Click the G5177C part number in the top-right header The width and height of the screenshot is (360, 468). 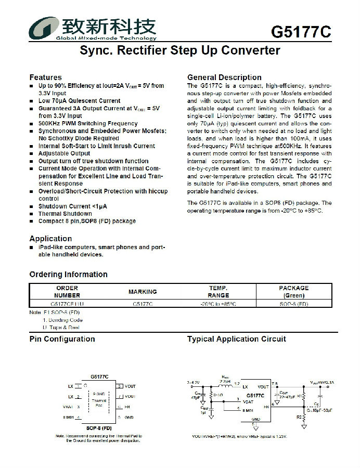(301, 32)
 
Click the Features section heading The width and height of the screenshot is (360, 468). (45, 77)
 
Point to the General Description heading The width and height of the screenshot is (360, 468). (224, 77)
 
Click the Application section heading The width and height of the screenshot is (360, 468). (50, 239)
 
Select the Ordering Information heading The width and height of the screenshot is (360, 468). (68, 275)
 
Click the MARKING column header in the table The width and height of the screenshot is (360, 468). (143, 292)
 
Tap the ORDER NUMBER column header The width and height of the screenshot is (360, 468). (67, 291)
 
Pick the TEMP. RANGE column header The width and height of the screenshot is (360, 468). (218, 291)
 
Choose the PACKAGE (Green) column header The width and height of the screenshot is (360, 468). (293, 291)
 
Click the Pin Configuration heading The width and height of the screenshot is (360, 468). (62, 339)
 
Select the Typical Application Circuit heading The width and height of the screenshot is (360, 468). (236, 339)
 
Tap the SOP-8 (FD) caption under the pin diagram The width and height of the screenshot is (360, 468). (99, 427)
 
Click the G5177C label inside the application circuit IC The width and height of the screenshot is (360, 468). (255, 396)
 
